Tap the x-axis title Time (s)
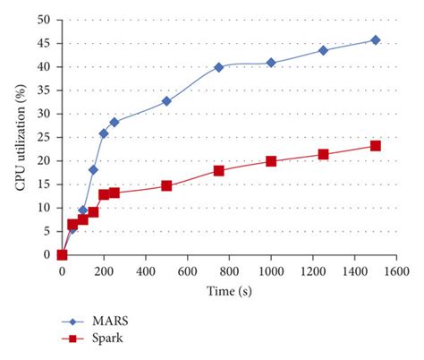click(230, 291)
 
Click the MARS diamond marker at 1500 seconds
click(376, 39)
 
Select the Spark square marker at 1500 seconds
click(376, 146)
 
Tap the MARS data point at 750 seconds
click(219, 67)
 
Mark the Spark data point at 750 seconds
click(219, 170)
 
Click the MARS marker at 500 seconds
click(166, 101)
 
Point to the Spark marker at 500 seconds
click(166, 185)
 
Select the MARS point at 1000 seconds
click(271, 63)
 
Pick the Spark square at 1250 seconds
click(324, 154)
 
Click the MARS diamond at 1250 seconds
click(324, 50)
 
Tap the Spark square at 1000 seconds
click(271, 161)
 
